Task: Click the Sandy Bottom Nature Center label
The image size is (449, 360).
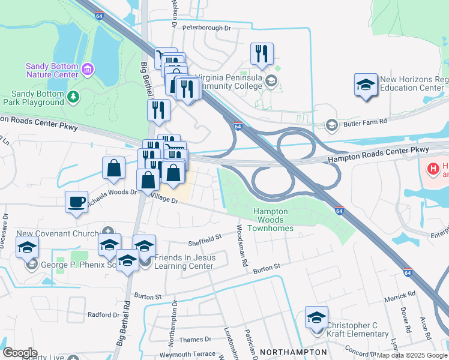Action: pyautogui.click(x=53, y=70)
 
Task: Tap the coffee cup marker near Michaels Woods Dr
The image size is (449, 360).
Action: pyautogui.click(x=76, y=201)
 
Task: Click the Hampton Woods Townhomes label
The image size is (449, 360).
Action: pyautogui.click(x=272, y=220)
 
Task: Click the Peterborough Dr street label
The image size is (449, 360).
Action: pyautogui.click(x=206, y=28)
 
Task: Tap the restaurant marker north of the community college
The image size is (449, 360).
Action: pyautogui.click(x=262, y=54)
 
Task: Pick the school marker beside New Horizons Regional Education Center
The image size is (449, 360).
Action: pyautogui.click(x=366, y=84)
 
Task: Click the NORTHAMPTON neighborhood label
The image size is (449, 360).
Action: pyautogui.click(x=293, y=352)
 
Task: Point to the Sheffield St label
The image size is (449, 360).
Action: pyautogui.click(x=205, y=243)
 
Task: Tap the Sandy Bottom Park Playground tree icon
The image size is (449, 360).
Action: pyautogui.click(x=73, y=97)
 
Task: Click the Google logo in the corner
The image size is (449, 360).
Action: pyautogui.click(x=20, y=352)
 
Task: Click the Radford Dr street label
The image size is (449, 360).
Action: pyautogui.click(x=103, y=314)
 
